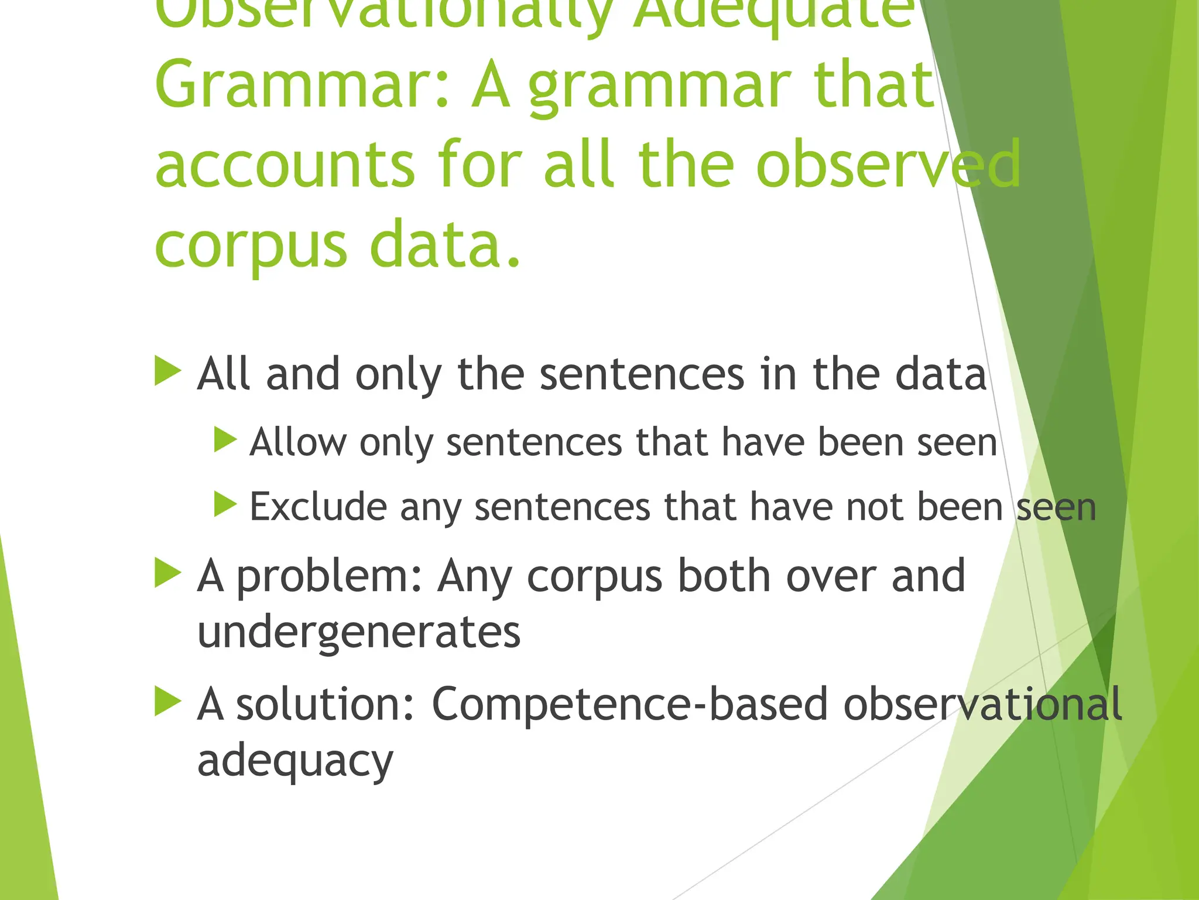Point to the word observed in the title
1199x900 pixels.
pos(888,165)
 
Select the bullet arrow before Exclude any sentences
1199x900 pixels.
pos(225,504)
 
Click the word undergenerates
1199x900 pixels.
pos(359,633)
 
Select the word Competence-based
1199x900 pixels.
pos(630,704)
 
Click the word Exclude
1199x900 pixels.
pos(318,506)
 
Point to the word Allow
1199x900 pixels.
pos(297,442)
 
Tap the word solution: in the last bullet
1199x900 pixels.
pos(326,704)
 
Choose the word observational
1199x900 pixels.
pos(982,704)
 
